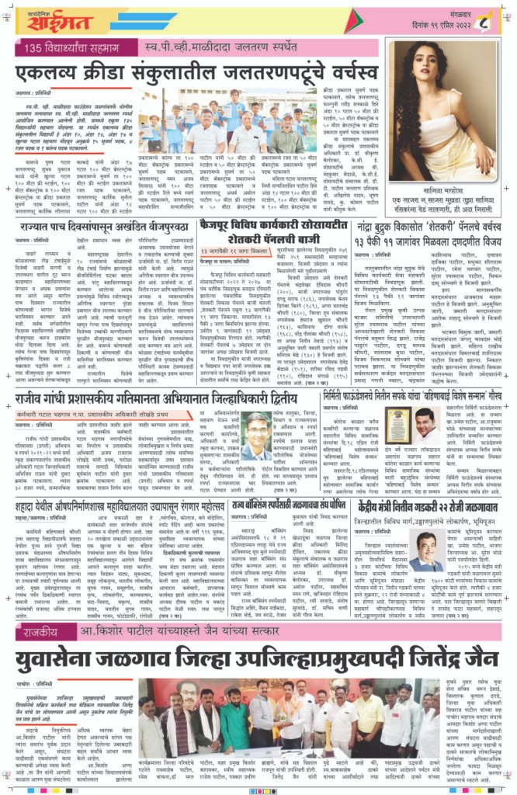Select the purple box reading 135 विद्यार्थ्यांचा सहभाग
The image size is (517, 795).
point(78,50)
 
